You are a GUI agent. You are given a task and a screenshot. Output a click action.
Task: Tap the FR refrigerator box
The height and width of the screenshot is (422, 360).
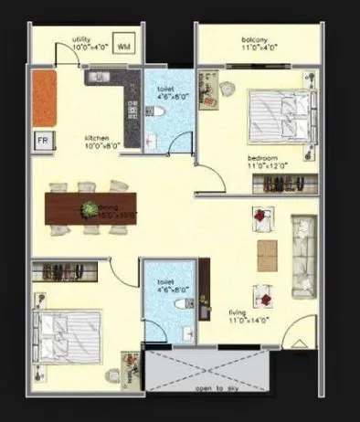pos(42,141)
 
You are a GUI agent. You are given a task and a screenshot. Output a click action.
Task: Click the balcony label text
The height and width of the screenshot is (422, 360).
pos(254,44)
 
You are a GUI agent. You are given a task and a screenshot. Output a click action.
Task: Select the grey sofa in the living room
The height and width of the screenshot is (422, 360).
pos(302,255)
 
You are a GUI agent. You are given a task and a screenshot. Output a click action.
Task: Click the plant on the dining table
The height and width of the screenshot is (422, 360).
pos(90,209)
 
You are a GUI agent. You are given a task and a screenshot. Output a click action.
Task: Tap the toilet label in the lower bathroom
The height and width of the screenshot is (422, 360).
pos(166,286)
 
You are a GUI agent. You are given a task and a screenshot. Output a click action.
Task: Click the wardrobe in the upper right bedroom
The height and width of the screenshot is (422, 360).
pos(284,184)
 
